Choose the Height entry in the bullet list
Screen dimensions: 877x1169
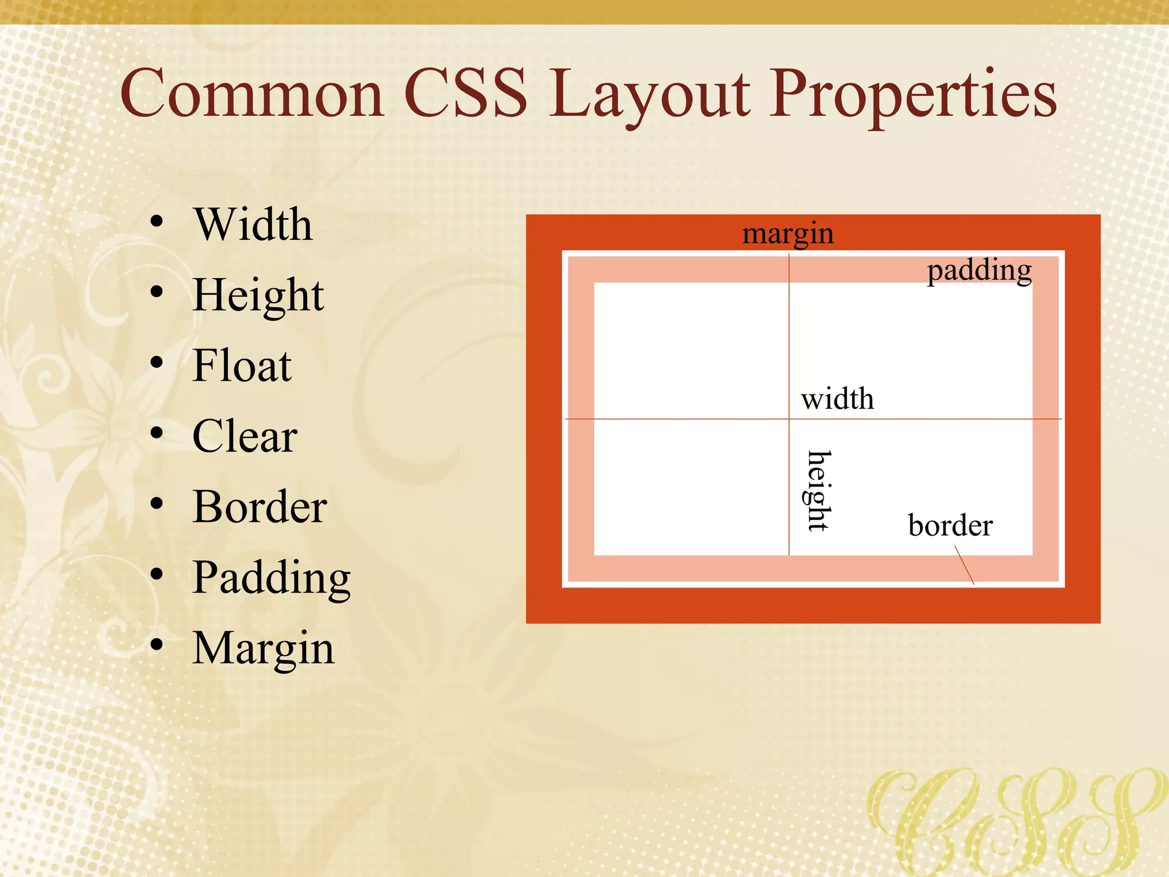click(x=258, y=296)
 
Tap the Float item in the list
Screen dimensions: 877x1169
click(x=242, y=366)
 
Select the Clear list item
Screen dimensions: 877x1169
click(x=244, y=436)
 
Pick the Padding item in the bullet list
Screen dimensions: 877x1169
click(x=271, y=578)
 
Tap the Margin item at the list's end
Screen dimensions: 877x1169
click(x=263, y=649)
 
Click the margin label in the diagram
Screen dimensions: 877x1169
click(x=788, y=234)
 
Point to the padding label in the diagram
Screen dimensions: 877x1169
click(x=979, y=271)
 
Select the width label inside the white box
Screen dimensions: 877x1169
click(x=837, y=399)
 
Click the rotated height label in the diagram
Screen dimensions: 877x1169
click(x=819, y=491)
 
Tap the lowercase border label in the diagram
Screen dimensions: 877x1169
click(x=950, y=525)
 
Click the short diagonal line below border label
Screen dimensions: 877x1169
click(x=965, y=565)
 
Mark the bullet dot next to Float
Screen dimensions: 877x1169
click(x=157, y=363)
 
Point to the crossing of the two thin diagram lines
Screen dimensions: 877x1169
click(x=789, y=419)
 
